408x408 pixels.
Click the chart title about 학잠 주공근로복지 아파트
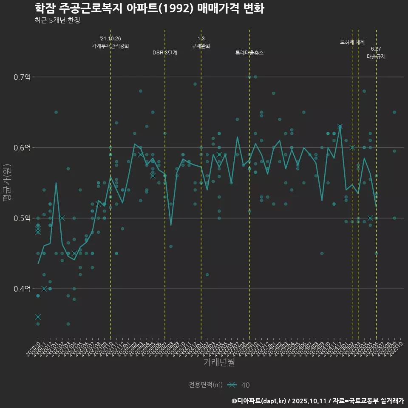click(x=149, y=8)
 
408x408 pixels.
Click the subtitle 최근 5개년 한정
click(x=57, y=20)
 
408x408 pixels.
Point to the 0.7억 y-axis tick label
click(x=22, y=77)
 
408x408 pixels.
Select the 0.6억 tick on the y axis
click(x=22, y=148)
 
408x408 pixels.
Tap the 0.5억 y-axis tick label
click(x=22, y=218)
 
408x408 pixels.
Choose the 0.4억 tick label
click(x=22, y=289)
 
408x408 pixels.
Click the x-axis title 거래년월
click(x=219, y=363)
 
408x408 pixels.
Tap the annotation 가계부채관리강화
click(x=110, y=45)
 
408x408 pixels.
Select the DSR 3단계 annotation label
click(x=165, y=53)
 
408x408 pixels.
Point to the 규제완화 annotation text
click(x=201, y=46)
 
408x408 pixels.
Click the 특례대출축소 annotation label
click(x=249, y=53)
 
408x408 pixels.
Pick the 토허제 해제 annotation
click(x=352, y=42)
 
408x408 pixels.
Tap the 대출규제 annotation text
click(x=376, y=56)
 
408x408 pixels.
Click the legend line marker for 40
click(x=232, y=385)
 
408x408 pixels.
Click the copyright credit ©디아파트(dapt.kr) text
click(x=260, y=401)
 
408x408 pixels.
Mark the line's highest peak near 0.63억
click(x=340, y=126)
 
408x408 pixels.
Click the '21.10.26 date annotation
click(x=110, y=38)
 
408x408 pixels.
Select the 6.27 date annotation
click(x=376, y=49)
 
